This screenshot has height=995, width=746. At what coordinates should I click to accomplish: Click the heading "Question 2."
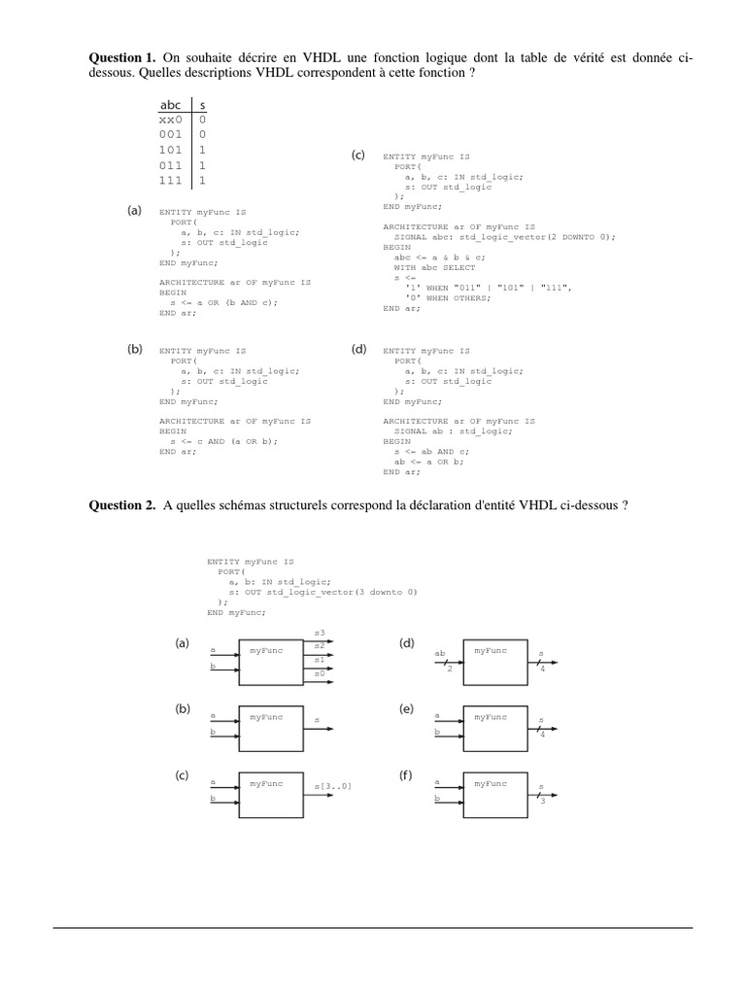(x=123, y=505)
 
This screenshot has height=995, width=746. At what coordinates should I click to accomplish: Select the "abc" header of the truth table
(x=170, y=104)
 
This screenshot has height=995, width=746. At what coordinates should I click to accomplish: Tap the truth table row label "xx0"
(x=170, y=120)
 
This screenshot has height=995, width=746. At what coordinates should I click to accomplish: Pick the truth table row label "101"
(x=170, y=151)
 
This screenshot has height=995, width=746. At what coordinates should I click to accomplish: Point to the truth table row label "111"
(x=170, y=181)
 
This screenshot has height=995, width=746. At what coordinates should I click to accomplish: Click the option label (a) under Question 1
(x=135, y=210)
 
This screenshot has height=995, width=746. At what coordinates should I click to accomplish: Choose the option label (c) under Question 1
(x=358, y=155)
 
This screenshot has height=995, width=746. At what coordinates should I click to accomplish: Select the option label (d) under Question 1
(x=358, y=349)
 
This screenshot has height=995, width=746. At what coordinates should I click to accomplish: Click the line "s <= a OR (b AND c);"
(x=222, y=302)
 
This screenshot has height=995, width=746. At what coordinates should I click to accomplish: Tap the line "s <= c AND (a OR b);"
(x=222, y=441)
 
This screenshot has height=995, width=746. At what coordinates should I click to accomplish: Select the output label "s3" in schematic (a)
(x=320, y=634)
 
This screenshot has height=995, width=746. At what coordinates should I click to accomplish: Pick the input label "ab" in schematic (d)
(x=440, y=653)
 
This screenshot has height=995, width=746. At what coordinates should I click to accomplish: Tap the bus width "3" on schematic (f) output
(x=543, y=801)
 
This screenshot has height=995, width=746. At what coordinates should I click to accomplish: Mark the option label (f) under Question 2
(x=406, y=775)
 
